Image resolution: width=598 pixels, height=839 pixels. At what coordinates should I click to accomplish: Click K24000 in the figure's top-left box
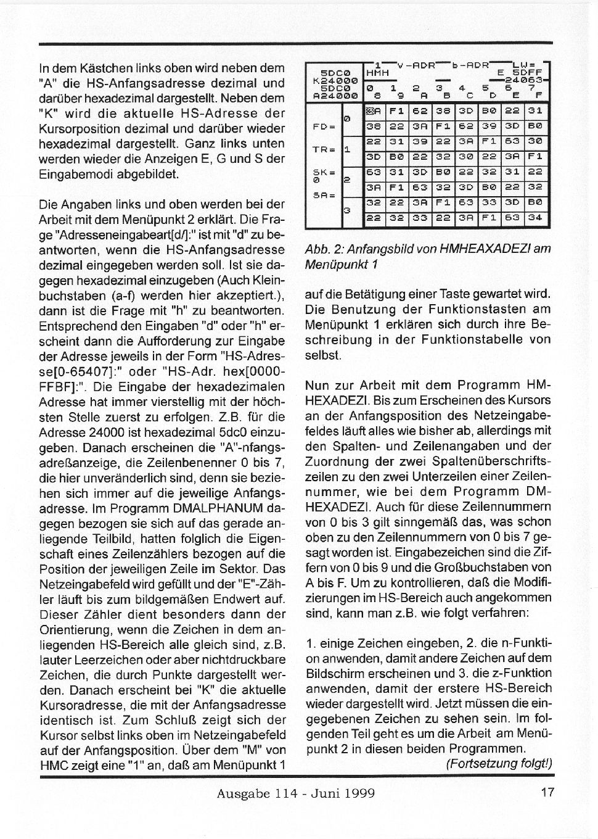[335, 80]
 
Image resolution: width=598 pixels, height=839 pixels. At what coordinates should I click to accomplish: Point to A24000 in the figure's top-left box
[335, 96]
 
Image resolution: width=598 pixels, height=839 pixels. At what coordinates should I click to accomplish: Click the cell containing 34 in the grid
[535, 217]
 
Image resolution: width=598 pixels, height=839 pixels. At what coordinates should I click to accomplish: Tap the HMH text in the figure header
[378, 73]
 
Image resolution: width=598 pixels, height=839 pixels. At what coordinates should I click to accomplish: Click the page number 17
[547, 793]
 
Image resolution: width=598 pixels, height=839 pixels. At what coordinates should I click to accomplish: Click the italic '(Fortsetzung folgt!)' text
[499, 763]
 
